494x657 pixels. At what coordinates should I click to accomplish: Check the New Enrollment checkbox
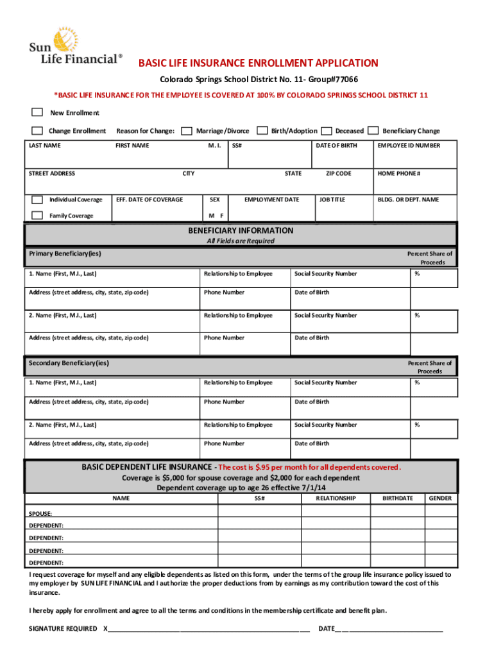[38, 113]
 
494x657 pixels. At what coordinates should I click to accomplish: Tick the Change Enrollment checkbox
[38, 131]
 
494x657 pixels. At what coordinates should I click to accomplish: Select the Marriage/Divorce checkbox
[187, 131]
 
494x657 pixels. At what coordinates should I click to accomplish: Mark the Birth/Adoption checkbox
[262, 131]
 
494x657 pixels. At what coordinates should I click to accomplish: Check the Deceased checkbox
[327, 131]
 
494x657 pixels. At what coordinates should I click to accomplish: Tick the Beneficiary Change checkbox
[373, 131]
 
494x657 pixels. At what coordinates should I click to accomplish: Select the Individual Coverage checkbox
[38, 200]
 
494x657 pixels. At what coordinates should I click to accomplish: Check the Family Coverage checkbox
[38, 216]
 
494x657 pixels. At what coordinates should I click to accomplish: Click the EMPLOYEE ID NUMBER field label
[409, 146]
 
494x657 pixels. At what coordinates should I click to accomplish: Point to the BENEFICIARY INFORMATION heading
[241, 230]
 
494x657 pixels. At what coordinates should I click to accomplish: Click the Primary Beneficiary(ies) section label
[65, 253]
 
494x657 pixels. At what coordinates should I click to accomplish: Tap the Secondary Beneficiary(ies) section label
[69, 363]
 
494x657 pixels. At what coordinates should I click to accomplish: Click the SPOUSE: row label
[41, 514]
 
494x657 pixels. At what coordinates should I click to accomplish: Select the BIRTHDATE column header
[398, 499]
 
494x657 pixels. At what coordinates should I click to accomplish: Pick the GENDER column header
[440, 499]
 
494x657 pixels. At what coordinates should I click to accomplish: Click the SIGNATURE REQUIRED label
[64, 629]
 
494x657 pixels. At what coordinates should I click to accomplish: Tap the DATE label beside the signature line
[327, 629]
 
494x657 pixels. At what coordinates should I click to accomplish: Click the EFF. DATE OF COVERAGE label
[149, 200]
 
